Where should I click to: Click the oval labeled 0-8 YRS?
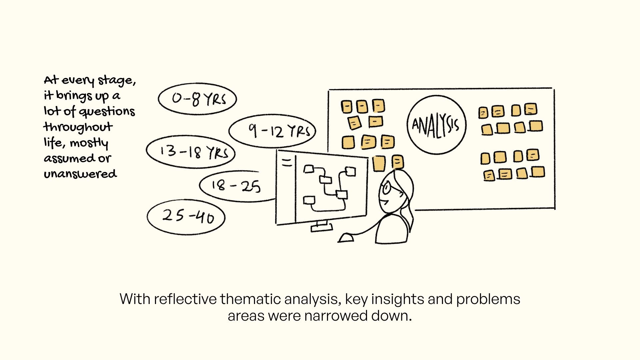(197, 99)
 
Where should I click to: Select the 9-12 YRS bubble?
(272, 131)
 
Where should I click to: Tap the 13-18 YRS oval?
(191, 152)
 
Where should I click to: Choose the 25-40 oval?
(186, 217)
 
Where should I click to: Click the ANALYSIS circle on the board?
(436, 125)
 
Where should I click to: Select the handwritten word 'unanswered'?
(80, 174)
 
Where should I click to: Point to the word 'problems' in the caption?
(488, 299)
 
